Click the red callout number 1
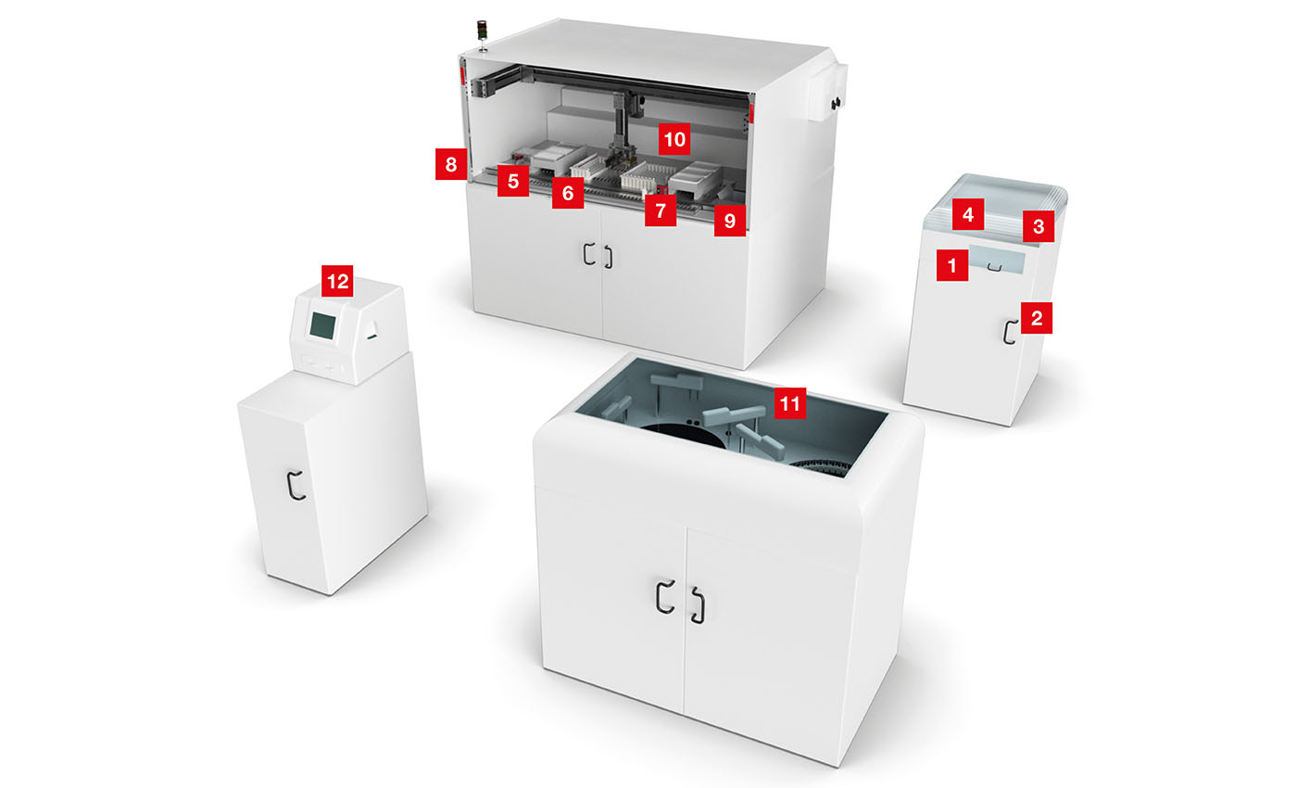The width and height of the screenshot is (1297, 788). (x=952, y=265)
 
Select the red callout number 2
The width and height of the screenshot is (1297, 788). (x=1037, y=317)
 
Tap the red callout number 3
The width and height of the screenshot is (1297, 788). (x=1039, y=226)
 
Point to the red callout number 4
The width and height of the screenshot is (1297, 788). (x=968, y=214)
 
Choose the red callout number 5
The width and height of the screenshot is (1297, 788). (x=513, y=182)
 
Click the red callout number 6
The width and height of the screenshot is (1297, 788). (x=568, y=193)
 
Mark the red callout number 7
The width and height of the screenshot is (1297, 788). (x=661, y=210)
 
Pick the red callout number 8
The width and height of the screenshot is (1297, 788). (x=451, y=164)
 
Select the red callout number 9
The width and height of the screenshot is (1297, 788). (x=730, y=221)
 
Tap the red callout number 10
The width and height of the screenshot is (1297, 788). (x=674, y=139)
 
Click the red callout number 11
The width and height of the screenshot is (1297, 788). (x=790, y=403)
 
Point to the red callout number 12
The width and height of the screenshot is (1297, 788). (x=337, y=281)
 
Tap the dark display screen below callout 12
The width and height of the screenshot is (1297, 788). (x=322, y=325)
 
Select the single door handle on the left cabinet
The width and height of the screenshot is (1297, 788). (x=296, y=485)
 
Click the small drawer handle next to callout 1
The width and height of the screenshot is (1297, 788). (x=994, y=267)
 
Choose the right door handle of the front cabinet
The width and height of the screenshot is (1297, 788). (x=699, y=605)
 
